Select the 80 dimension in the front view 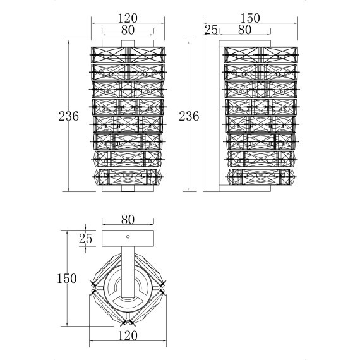pyautogui.click(x=128, y=29)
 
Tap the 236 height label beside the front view pyautogui.click(x=68, y=116)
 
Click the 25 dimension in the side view pyautogui.click(x=211, y=29)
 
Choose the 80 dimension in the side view pyautogui.click(x=244, y=29)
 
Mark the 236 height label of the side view pyautogui.click(x=189, y=116)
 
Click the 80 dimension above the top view pyautogui.click(x=128, y=220)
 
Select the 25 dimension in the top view pyautogui.click(x=85, y=239)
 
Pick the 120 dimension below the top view pyautogui.click(x=128, y=337)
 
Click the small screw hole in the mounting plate pyautogui.click(x=128, y=237)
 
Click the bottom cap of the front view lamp pyautogui.click(x=128, y=188)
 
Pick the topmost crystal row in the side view pyautogui.click(x=260, y=52)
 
